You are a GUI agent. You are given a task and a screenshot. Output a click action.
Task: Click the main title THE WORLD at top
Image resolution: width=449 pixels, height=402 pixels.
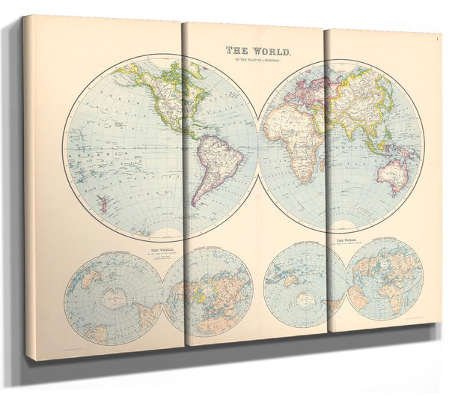259,51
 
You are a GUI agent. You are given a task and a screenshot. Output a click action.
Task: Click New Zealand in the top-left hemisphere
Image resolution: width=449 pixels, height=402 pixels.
100,204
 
